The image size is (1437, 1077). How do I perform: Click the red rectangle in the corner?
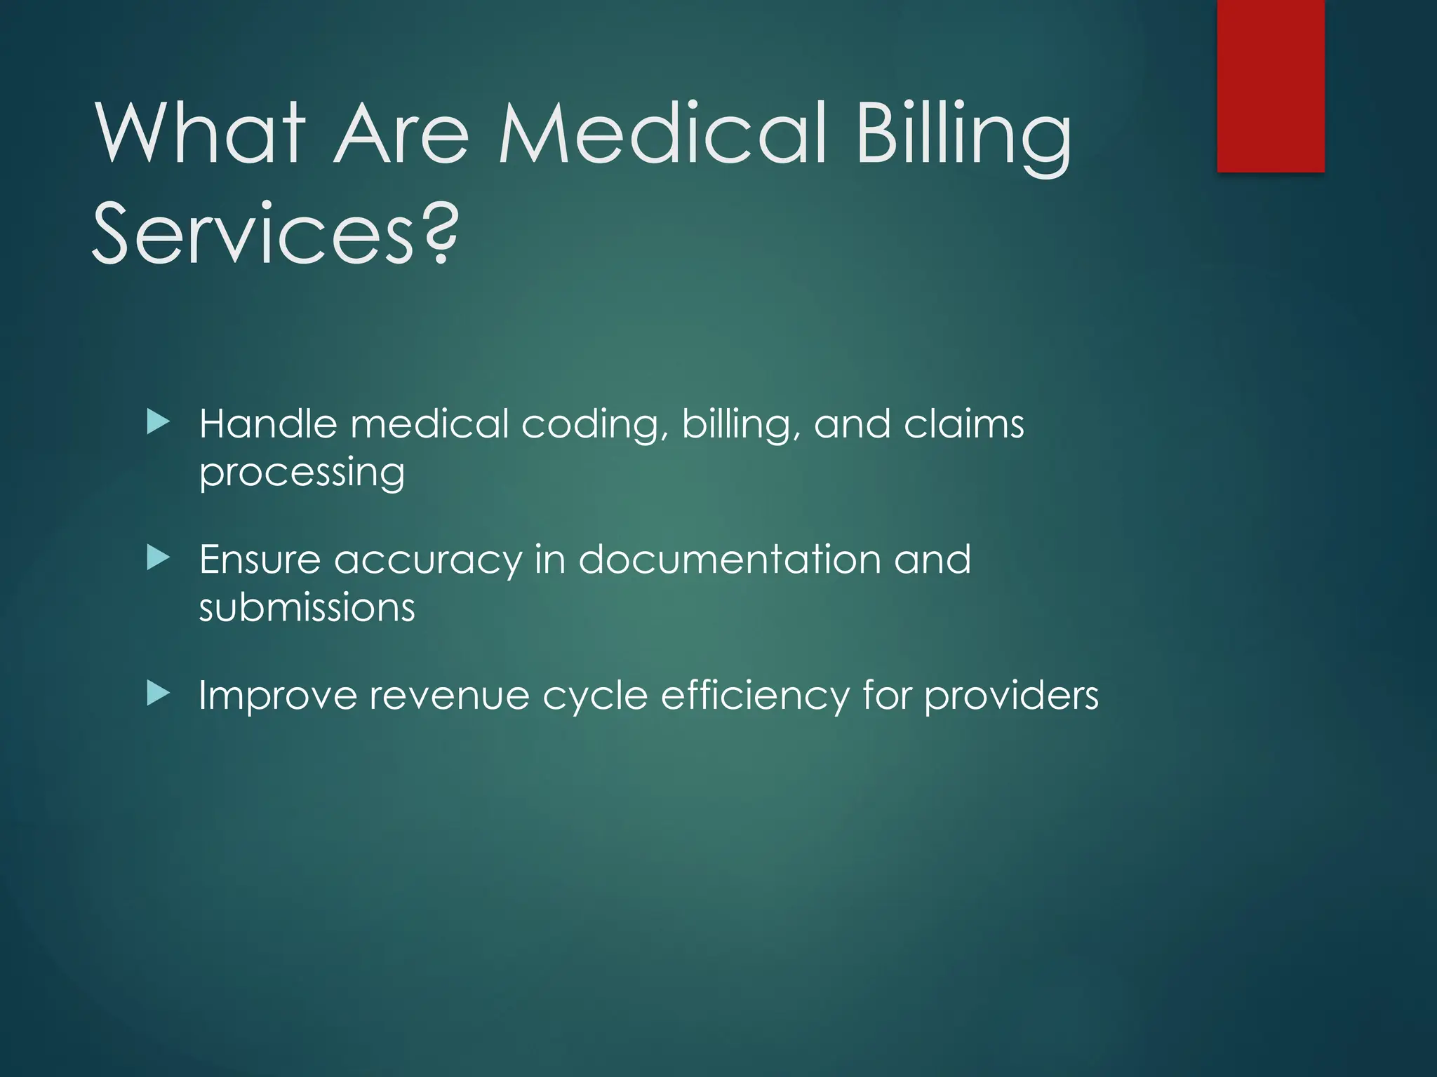click(x=1270, y=86)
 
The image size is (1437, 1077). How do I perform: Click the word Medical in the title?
click(x=663, y=133)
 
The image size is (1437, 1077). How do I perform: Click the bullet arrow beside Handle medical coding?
click(x=159, y=422)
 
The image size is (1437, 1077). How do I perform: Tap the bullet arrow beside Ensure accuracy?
click(x=159, y=558)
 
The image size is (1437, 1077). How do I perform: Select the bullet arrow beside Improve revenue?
click(x=159, y=694)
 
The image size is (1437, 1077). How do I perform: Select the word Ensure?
click(x=260, y=560)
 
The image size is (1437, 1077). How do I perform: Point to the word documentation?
click(x=730, y=560)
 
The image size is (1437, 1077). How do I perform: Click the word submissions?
click(x=307, y=608)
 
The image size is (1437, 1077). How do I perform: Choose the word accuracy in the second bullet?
click(x=428, y=562)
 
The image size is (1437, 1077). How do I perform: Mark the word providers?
click(x=1011, y=696)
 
